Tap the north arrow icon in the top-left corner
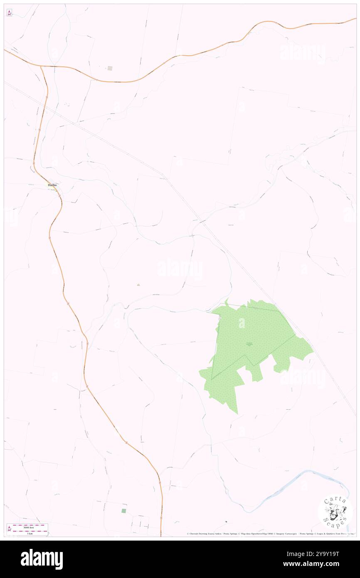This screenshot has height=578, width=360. tap(9, 13)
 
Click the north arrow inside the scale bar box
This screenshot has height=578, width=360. tap(10, 529)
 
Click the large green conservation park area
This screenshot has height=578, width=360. tap(249, 333)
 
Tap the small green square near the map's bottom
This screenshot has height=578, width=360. tap(123, 511)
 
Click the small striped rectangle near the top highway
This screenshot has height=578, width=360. tap(110, 68)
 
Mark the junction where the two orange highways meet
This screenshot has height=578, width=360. tap(42, 66)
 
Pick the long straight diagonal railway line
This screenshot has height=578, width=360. tap(233, 258)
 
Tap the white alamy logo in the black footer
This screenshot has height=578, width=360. tap(42, 559)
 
